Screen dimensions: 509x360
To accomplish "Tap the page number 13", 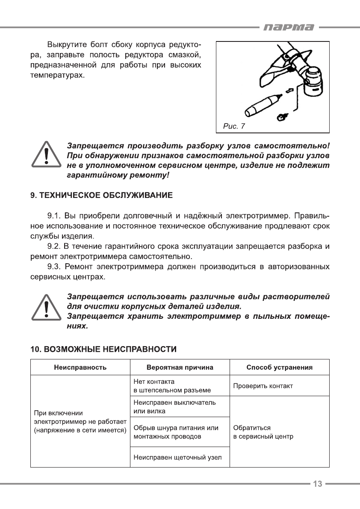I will (x=317, y=484).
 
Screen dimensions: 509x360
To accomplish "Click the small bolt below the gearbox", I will (x=282, y=115).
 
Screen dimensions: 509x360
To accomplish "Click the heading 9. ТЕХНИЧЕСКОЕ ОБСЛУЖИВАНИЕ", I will (x=101, y=196).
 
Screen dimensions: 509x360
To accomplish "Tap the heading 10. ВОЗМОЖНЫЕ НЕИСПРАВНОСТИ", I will (x=103, y=349).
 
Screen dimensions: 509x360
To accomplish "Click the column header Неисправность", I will (x=80, y=367).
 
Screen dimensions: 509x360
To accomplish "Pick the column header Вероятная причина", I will (x=180, y=367).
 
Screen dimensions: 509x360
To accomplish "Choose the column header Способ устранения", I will (x=280, y=367).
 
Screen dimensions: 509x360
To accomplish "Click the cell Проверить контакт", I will (x=263, y=386).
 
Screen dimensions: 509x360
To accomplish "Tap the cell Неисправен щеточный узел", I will (x=177, y=458).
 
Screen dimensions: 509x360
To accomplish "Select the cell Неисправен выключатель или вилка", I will (x=175, y=406).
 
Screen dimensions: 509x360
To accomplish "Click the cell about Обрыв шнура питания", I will (x=176, y=432).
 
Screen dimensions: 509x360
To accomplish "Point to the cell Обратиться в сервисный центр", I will (x=263, y=432).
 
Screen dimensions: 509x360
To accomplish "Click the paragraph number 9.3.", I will (x=54, y=267).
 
